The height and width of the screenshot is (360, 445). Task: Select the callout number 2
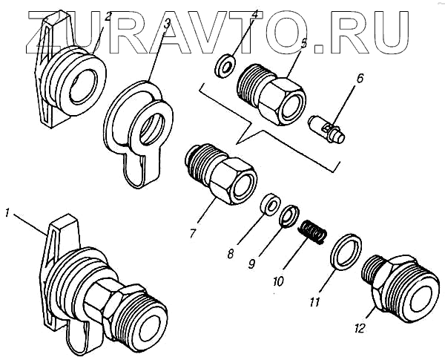pyautogui.click(x=108, y=16)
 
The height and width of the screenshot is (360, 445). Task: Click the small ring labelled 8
pyautogui.click(x=271, y=203)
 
